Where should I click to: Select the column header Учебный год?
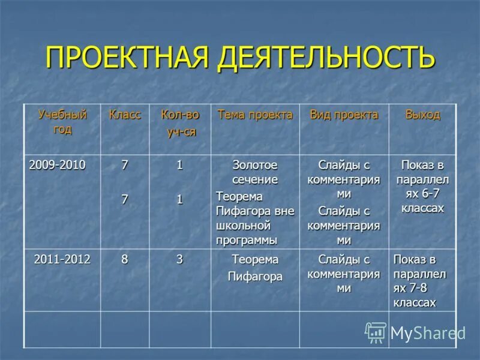(x=62, y=122)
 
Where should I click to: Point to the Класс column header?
(x=125, y=115)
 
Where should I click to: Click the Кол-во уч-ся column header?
(x=180, y=124)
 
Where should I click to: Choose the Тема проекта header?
(x=255, y=115)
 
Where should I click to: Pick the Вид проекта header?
(x=344, y=115)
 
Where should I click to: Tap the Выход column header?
(x=422, y=115)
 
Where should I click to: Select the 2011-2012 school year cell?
(x=62, y=259)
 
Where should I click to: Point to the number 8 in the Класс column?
(x=125, y=259)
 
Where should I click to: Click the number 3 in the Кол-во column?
(x=179, y=259)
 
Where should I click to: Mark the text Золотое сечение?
(x=255, y=172)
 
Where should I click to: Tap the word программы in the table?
(x=247, y=240)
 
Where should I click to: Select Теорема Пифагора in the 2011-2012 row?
(x=255, y=268)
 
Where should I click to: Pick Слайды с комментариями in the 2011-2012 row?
(x=344, y=274)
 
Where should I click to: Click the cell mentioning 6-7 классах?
(x=422, y=187)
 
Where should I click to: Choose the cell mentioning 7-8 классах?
(x=420, y=281)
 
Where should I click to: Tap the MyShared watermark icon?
(x=376, y=333)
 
